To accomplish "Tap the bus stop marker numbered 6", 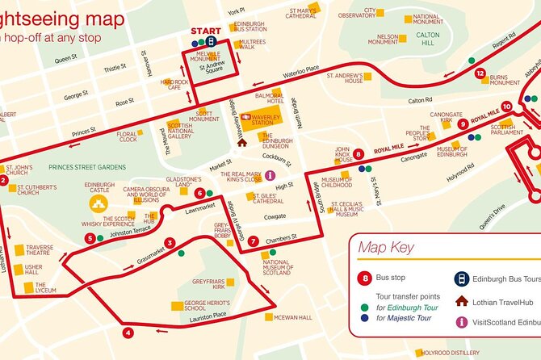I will point(199,193).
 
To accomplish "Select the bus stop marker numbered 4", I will point(128,332).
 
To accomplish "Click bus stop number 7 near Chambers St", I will point(253,241).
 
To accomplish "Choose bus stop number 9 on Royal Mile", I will point(463,124).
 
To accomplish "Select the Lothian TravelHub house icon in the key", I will point(461,300).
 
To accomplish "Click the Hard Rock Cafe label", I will point(174,85).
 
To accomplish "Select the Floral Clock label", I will point(128,137).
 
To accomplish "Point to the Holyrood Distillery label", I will point(454,352).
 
